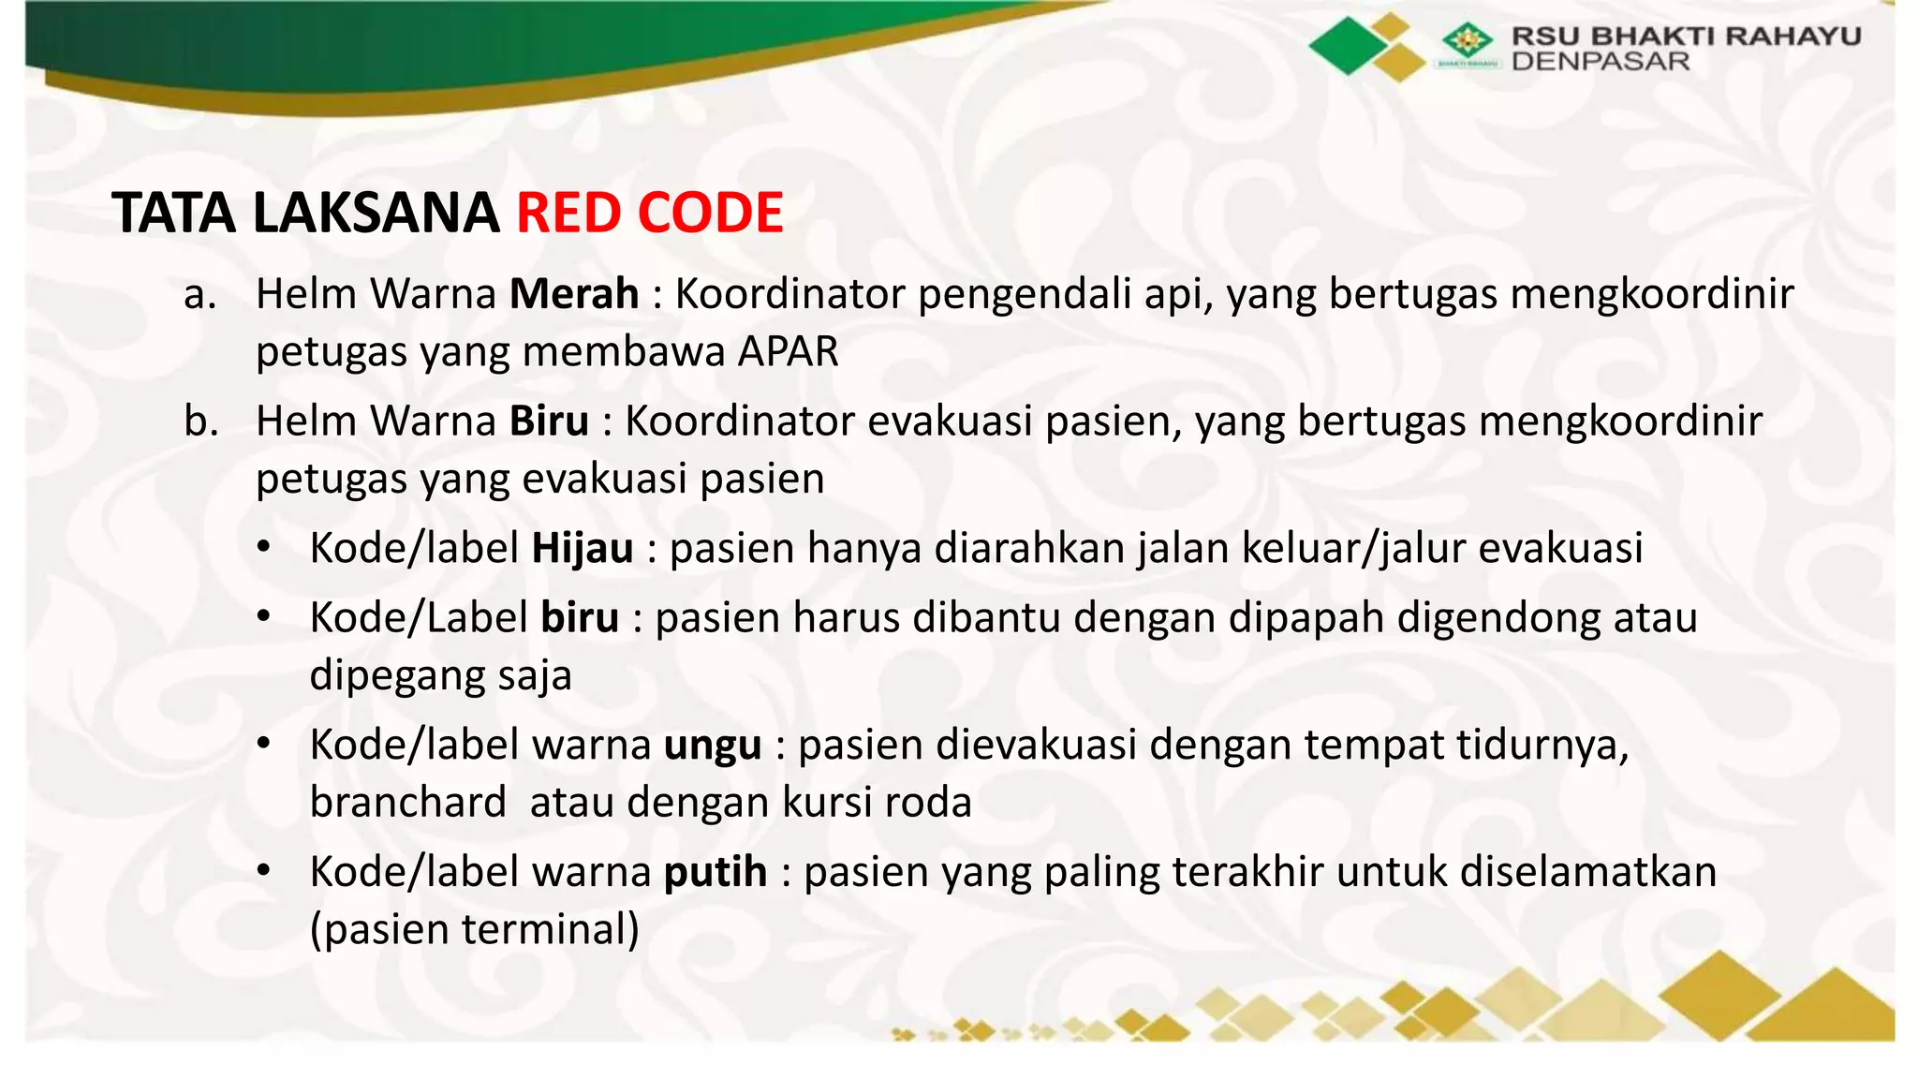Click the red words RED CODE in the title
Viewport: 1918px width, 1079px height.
coord(649,213)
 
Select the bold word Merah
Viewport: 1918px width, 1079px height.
coord(574,294)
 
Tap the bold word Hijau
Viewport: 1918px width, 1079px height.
coord(583,548)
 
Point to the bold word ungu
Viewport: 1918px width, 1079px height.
coord(713,746)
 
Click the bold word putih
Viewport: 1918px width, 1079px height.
coord(716,872)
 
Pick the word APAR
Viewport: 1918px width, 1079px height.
coord(788,352)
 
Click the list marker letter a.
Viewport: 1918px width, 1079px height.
coord(199,295)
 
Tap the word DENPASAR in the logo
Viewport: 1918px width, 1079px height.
coord(1601,62)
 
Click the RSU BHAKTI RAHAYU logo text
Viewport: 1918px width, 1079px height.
coord(1686,37)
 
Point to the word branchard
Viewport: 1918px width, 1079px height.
coord(407,803)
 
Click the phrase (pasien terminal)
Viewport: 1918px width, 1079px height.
coord(474,929)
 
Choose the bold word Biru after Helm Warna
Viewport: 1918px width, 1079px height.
coord(549,421)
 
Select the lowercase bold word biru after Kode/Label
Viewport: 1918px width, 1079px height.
coord(580,618)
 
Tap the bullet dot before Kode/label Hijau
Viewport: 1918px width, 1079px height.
coord(264,547)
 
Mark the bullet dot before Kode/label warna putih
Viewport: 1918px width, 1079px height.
coord(264,871)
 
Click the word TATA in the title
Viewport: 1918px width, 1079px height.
coord(174,213)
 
